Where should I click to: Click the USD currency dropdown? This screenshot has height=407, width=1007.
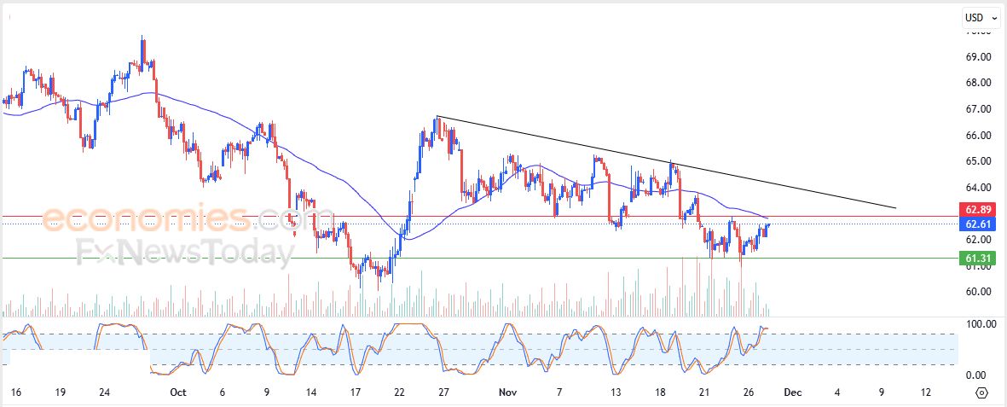tap(981, 17)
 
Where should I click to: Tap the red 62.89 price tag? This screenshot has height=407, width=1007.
tap(976, 209)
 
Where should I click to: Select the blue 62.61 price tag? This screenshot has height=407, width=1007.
tap(976, 224)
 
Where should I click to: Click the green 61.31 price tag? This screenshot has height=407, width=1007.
tap(976, 258)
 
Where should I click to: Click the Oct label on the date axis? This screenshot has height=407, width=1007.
tap(177, 392)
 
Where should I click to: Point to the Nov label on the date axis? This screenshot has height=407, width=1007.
tap(508, 392)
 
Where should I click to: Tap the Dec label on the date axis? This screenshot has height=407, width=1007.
tap(793, 392)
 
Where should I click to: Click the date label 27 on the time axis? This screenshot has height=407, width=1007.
tap(443, 392)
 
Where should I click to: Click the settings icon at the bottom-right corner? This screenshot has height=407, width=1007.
tap(981, 393)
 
